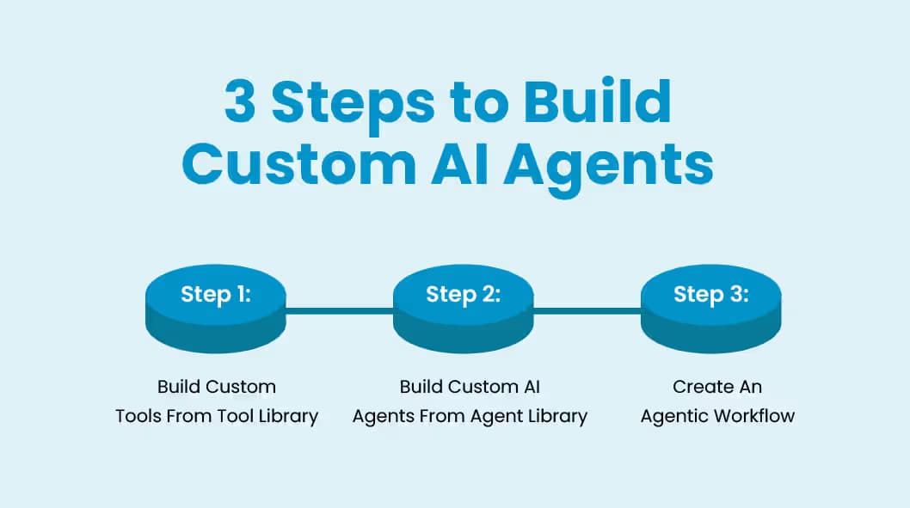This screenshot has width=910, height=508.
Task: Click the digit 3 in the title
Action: (241, 102)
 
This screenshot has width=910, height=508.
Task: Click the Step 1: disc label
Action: (216, 294)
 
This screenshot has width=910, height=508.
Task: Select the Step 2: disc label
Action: (464, 294)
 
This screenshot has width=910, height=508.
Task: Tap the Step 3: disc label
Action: (710, 294)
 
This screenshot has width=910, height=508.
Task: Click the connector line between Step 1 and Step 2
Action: (339, 310)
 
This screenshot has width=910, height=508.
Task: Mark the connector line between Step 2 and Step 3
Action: (587, 310)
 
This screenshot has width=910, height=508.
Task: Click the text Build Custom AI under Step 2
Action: (470, 387)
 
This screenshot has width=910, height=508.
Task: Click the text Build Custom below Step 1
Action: (217, 387)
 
